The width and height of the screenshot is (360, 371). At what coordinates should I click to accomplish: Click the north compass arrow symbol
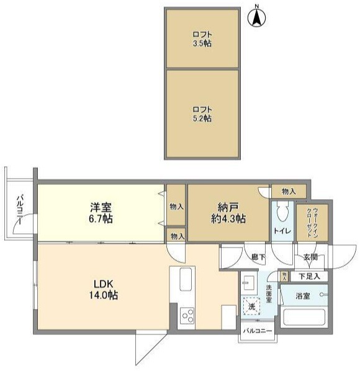click(x=256, y=17)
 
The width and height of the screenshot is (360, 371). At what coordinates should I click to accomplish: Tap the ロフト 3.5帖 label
click(x=202, y=39)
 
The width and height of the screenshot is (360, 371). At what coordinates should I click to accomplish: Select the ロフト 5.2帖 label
click(x=202, y=114)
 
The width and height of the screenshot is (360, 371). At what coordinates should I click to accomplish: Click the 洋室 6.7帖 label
click(x=101, y=213)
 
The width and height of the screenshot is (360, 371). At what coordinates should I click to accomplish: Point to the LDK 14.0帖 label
click(x=104, y=290)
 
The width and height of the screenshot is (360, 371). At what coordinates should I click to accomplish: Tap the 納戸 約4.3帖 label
click(x=228, y=213)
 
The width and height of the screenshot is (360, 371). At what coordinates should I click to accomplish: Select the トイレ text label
click(x=282, y=231)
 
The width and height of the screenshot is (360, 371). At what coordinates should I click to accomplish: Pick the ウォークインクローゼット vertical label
click(x=312, y=221)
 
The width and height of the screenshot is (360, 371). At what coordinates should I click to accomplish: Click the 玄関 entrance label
click(x=310, y=257)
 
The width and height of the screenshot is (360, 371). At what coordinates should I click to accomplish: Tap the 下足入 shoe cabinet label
click(x=309, y=276)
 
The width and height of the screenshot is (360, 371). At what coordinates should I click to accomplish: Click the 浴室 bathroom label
click(x=303, y=296)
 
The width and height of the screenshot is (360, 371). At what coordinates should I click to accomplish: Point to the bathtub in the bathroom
click(x=304, y=317)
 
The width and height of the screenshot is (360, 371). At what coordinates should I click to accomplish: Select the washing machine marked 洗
click(x=251, y=306)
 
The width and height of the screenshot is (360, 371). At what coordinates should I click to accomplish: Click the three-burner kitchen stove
click(x=187, y=316)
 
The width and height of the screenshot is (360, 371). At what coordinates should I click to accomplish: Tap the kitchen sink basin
click(x=186, y=279)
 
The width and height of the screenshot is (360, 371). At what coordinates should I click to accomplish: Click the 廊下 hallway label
click(x=258, y=257)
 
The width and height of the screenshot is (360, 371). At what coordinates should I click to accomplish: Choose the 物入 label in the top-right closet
click(x=289, y=192)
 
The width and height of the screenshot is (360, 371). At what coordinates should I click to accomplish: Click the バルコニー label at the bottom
click(x=258, y=331)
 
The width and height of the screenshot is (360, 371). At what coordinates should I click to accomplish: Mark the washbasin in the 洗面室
click(x=249, y=283)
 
